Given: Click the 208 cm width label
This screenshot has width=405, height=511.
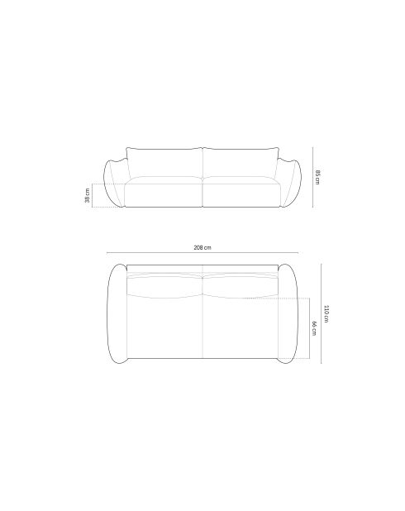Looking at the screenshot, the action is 202,247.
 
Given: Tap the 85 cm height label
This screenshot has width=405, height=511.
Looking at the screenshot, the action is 317,177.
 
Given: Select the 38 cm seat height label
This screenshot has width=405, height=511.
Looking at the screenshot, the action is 88,195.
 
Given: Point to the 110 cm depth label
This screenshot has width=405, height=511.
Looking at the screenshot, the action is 326,314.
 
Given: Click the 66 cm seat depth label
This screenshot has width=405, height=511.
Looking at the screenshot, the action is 314,328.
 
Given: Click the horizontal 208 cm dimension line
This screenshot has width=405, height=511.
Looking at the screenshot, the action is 202,252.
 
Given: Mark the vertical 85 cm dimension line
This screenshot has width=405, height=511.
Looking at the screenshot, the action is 312,177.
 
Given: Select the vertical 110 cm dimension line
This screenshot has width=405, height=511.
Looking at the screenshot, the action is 322,313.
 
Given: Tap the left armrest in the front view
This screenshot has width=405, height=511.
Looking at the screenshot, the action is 114,184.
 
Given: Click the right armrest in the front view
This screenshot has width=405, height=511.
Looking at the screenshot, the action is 290,184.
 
